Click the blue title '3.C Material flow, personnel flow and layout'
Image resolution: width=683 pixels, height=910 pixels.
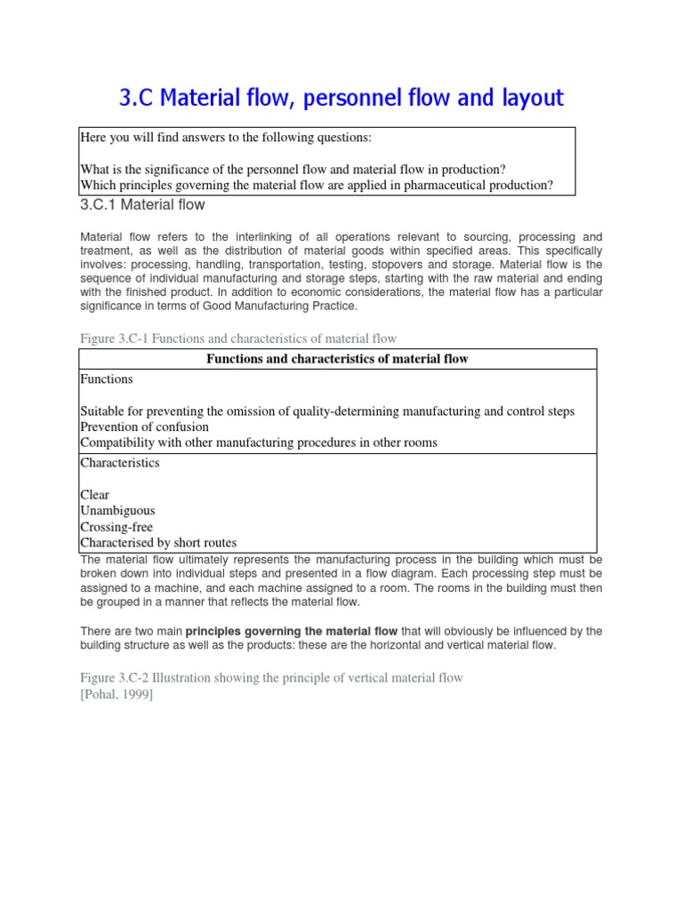(x=341, y=98)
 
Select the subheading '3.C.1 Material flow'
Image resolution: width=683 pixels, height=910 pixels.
(x=142, y=205)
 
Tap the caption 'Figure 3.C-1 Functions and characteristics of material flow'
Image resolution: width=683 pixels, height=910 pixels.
(x=238, y=339)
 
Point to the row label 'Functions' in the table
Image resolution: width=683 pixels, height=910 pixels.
(x=107, y=379)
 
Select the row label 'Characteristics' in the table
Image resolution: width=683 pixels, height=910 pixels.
(x=120, y=463)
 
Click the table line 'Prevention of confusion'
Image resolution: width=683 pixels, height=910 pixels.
(x=145, y=427)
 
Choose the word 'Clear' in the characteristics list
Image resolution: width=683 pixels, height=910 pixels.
(x=95, y=495)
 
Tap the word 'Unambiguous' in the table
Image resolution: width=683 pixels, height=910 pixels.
(x=117, y=511)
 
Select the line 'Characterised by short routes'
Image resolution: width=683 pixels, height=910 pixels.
(x=158, y=543)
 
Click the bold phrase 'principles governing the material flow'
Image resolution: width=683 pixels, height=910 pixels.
(x=291, y=632)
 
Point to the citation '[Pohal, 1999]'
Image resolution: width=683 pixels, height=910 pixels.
(x=117, y=694)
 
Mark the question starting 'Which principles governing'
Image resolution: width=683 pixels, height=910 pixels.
(x=317, y=185)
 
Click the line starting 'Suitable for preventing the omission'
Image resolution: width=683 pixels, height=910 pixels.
(x=327, y=411)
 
